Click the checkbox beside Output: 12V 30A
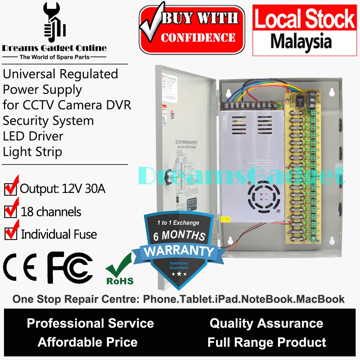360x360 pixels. click(x=10, y=189)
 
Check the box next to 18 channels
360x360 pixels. click(x=10, y=212)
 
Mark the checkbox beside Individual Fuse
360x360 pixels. click(x=10, y=234)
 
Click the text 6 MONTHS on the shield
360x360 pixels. click(x=179, y=236)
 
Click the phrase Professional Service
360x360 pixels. click(x=90, y=323)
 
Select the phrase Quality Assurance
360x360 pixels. click(x=266, y=323)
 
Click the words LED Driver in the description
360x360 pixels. click(x=33, y=136)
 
